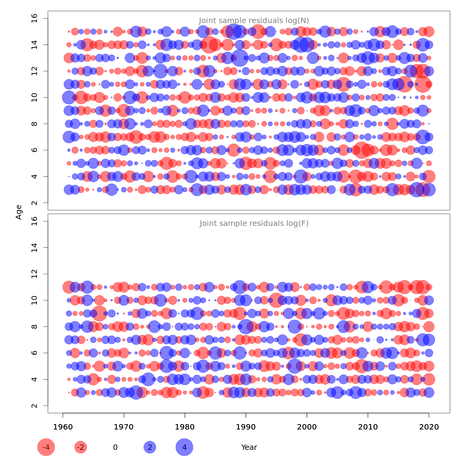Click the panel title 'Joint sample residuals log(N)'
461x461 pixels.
coord(254,21)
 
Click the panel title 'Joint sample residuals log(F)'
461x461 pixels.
coord(254,224)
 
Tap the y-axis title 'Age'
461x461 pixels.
coord(19,212)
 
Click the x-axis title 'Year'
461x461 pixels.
coord(249,447)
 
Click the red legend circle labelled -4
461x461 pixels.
coord(46,447)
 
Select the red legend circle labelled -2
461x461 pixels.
coord(81,447)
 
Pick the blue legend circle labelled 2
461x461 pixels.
coord(150,447)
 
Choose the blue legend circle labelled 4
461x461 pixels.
coord(184,447)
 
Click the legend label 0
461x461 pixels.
coord(115,447)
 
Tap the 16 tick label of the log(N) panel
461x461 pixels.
coord(34,18)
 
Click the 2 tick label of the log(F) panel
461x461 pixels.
coord(34,406)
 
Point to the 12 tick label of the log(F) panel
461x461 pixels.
coord(34,274)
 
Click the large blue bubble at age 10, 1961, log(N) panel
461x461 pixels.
coord(69,97)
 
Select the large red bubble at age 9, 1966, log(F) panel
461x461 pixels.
coord(99,313)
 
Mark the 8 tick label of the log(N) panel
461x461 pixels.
coord(34,124)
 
